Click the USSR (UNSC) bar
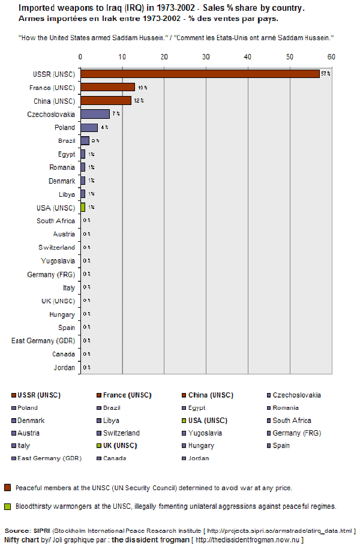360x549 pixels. click(200, 74)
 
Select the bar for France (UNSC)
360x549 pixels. click(107, 87)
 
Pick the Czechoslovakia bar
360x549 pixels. click(95, 114)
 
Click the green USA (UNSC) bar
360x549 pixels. click(83, 207)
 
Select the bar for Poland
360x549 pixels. click(89, 127)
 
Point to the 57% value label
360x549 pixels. click(326, 74)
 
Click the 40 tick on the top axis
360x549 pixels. click(248, 56)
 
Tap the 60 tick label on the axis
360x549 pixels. click(331, 56)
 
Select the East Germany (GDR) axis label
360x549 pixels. click(43, 341)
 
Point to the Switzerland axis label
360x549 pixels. click(57, 247)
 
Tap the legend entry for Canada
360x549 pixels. click(114, 458)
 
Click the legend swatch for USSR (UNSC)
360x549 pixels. click(13, 395)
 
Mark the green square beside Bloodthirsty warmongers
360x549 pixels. click(7, 506)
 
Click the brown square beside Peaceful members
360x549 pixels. click(7, 487)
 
